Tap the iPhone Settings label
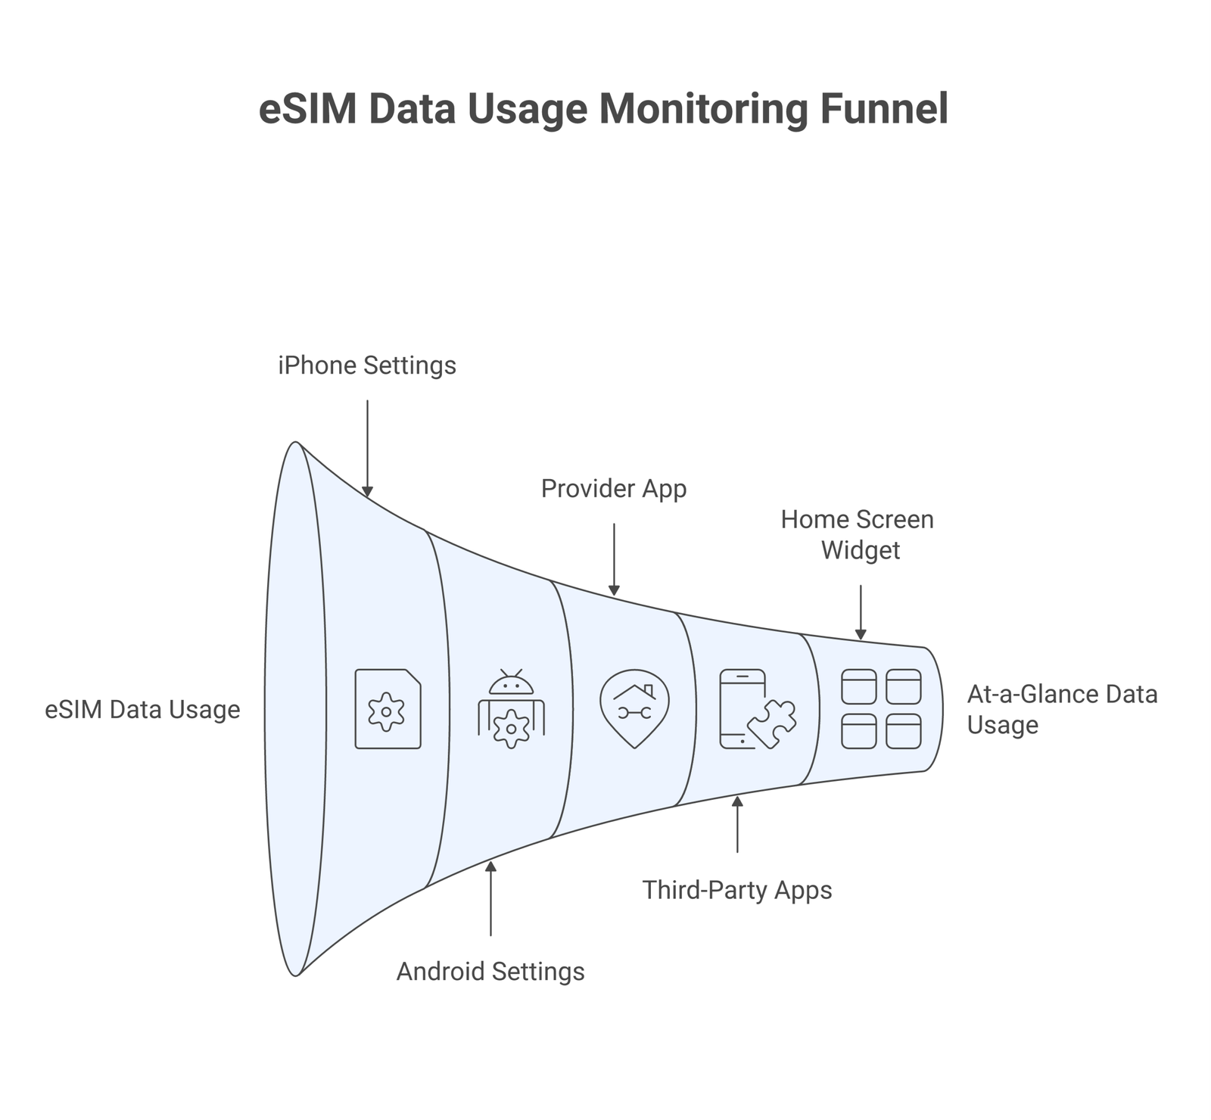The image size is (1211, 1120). (x=367, y=366)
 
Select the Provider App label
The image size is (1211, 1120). (x=614, y=489)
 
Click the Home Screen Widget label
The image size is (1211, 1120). (x=858, y=534)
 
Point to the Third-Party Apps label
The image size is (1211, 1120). (x=737, y=890)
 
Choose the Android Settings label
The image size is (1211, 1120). (x=490, y=971)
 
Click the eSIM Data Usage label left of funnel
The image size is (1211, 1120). (x=142, y=710)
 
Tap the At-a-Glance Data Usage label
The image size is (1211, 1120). (x=1062, y=709)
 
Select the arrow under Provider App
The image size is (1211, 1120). (x=614, y=559)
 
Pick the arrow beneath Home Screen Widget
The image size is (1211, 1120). (x=861, y=612)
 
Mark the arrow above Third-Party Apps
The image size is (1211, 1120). (x=737, y=824)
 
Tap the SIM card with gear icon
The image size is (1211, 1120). (x=388, y=709)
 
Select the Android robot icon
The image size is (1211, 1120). (x=512, y=709)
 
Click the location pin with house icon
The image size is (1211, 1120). (x=634, y=708)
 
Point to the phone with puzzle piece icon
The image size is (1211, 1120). (x=757, y=709)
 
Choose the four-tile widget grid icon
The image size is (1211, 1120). (x=881, y=709)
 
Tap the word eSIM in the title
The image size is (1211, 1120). (x=307, y=108)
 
